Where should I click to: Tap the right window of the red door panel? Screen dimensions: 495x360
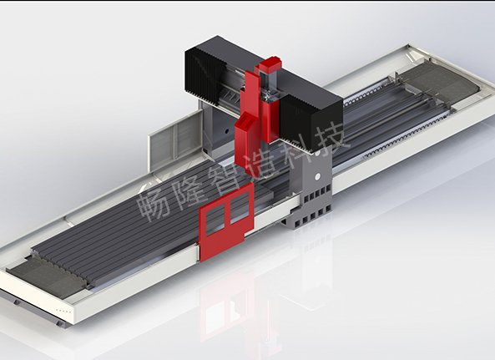240,207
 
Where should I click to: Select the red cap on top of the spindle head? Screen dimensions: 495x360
270,66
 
